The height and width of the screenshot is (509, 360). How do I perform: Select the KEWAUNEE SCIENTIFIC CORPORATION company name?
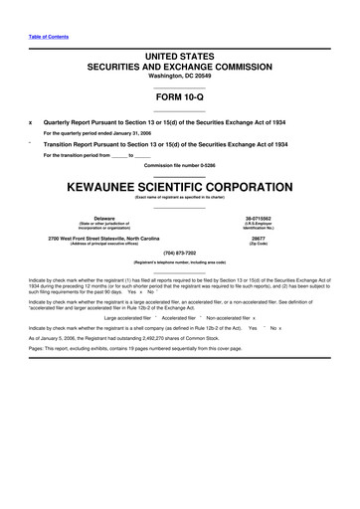180,184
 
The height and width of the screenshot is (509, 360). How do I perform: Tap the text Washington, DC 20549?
180,75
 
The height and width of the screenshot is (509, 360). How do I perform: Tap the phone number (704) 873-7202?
180,253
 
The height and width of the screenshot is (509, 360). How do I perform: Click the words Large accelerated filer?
132,316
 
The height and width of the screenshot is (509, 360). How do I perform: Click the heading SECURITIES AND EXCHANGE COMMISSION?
180,64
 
